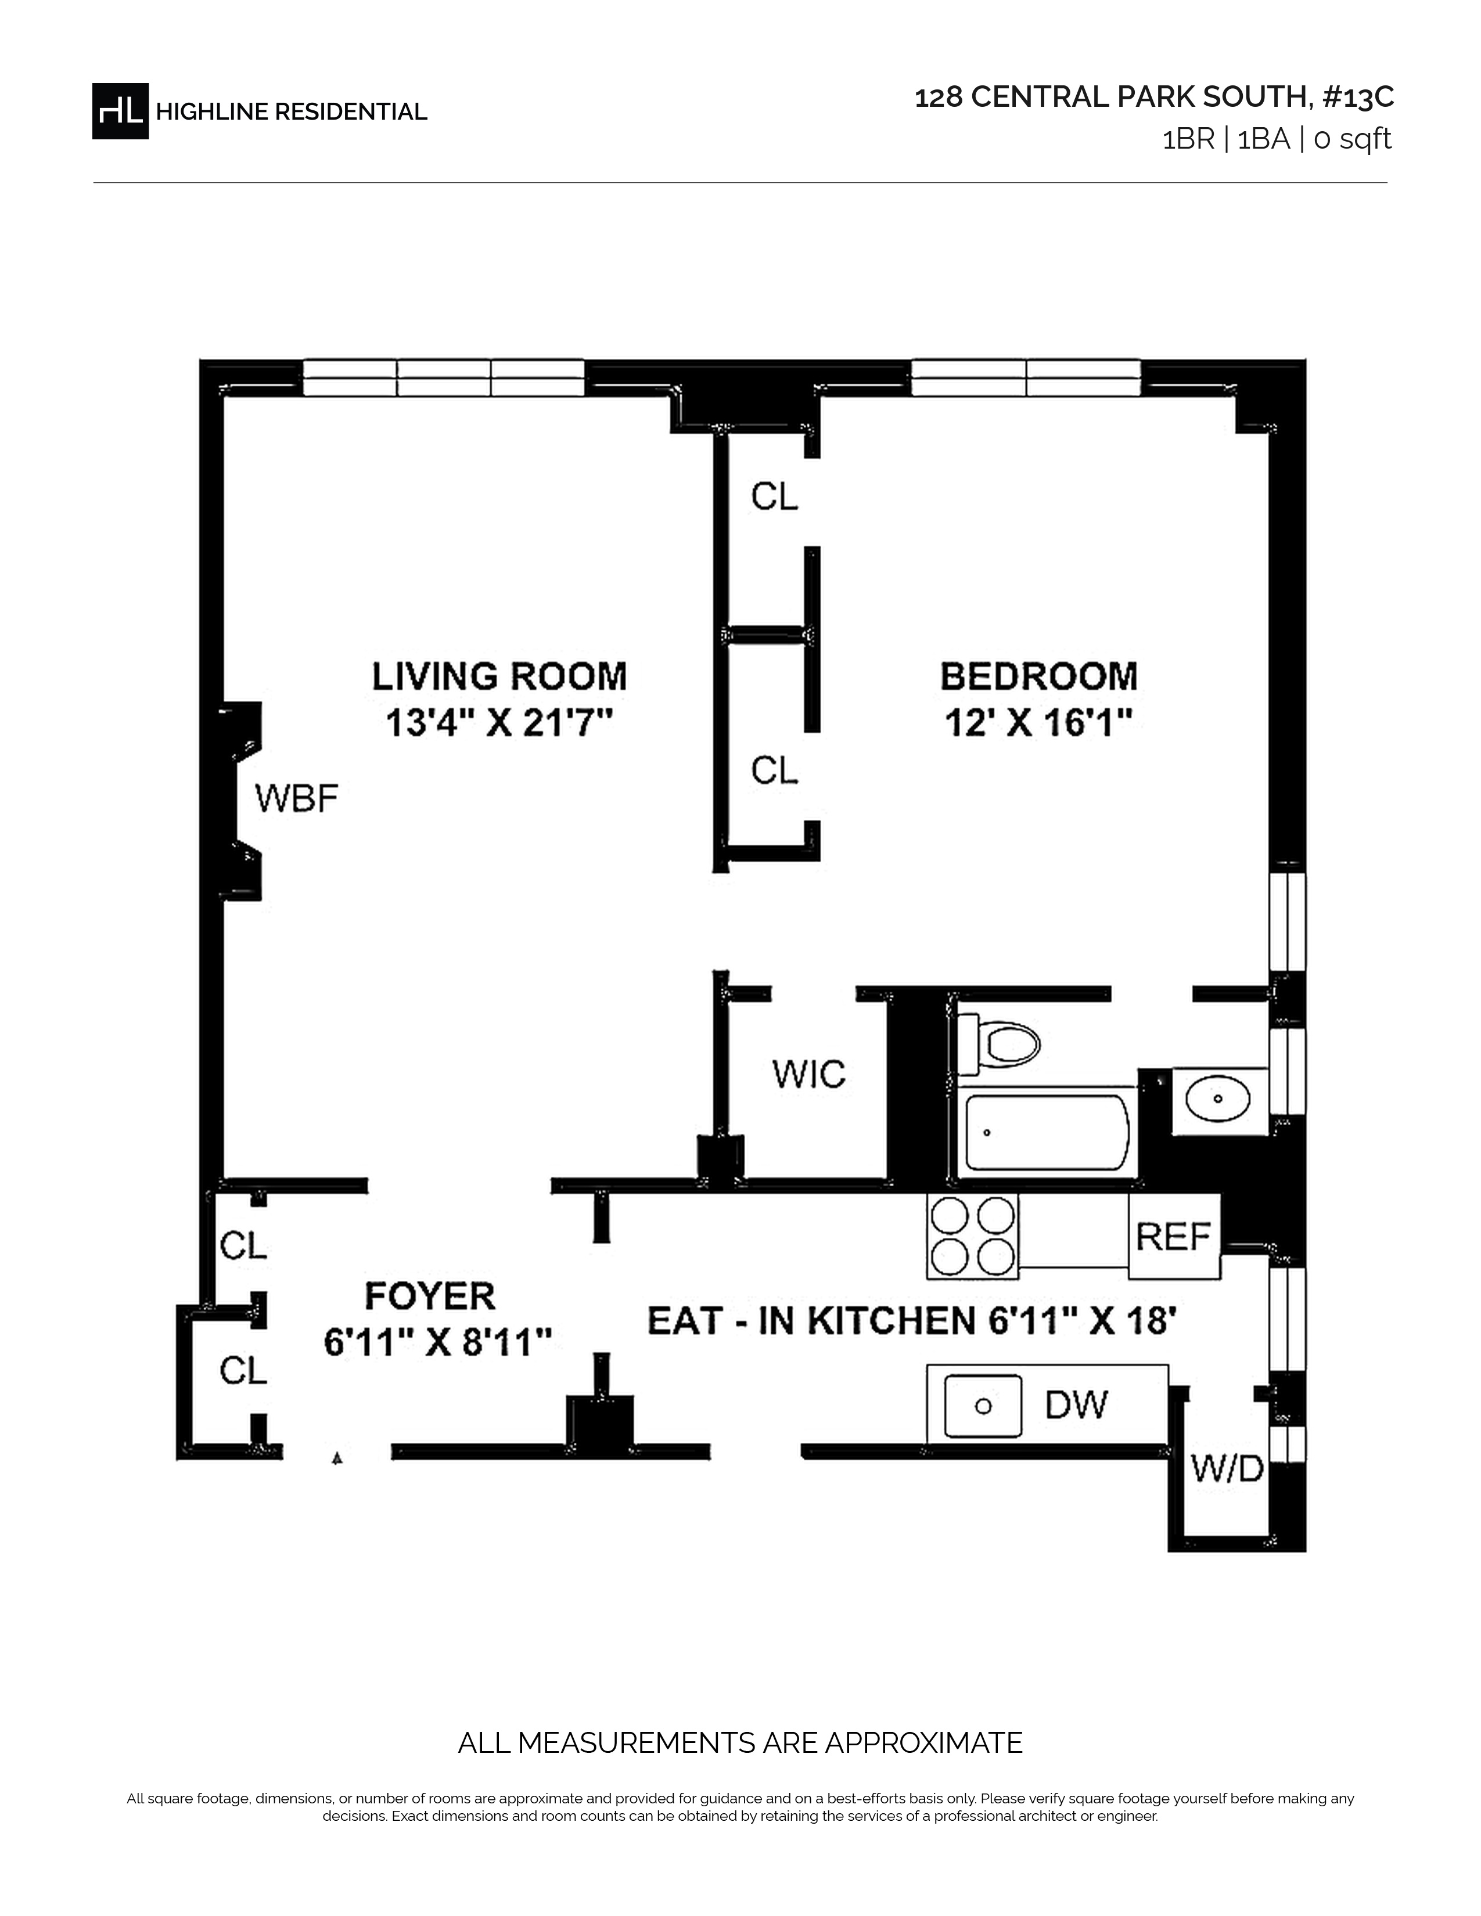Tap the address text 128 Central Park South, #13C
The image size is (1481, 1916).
coord(1154,98)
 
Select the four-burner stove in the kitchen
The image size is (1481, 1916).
coord(973,1236)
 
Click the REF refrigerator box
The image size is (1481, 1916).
coord(1174,1236)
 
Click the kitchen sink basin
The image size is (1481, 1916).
coord(983,1406)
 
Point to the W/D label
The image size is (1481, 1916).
coord(1227,1468)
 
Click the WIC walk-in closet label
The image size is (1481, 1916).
coord(809,1074)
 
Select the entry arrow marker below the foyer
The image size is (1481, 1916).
coord(336,1458)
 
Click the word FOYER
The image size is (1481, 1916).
coord(430,1296)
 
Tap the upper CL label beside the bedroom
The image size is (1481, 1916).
coord(775,496)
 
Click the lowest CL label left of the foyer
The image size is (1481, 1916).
coord(243,1370)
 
